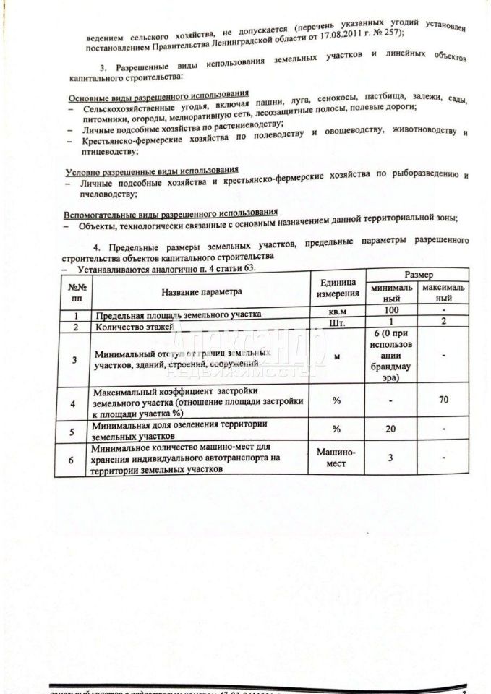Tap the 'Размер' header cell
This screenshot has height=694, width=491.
tap(419, 275)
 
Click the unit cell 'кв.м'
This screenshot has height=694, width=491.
tap(335, 312)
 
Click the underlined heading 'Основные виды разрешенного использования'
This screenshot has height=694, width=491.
tap(158, 95)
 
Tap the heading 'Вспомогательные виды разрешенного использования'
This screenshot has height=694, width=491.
tap(171, 213)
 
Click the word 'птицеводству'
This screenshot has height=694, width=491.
tap(110, 152)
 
